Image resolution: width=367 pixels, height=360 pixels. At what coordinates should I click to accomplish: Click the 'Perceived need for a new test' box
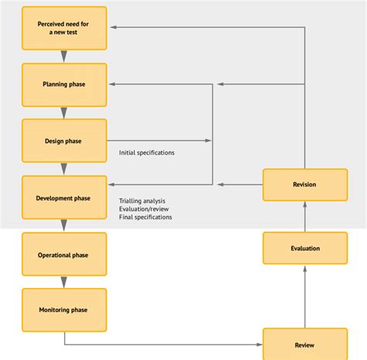63,28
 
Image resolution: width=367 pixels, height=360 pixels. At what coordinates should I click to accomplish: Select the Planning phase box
63,84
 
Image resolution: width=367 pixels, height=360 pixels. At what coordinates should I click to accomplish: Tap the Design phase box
63,141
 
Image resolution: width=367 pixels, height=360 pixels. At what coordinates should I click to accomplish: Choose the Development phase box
63,197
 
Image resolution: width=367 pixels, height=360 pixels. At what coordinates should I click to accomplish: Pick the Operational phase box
63,255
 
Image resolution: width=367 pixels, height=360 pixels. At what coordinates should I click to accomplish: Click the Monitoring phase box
63,310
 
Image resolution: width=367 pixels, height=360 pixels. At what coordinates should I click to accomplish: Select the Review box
304,345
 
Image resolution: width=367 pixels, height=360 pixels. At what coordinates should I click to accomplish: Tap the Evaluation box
304,249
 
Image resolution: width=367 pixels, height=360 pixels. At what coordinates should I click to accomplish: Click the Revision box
304,184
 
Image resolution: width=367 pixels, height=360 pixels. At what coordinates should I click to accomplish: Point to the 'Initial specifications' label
146,153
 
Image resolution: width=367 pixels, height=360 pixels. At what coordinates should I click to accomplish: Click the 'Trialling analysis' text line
142,202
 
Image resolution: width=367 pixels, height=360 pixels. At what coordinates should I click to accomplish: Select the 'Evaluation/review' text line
143,210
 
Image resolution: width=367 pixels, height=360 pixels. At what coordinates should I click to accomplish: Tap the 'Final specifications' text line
146,218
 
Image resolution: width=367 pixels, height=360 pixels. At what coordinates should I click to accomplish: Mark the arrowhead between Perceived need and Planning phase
63,56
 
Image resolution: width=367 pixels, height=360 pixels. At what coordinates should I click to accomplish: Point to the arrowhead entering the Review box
259,345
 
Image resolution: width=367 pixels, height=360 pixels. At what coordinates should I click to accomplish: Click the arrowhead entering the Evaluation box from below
304,268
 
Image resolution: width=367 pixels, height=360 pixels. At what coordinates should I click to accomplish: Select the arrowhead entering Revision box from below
304,204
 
